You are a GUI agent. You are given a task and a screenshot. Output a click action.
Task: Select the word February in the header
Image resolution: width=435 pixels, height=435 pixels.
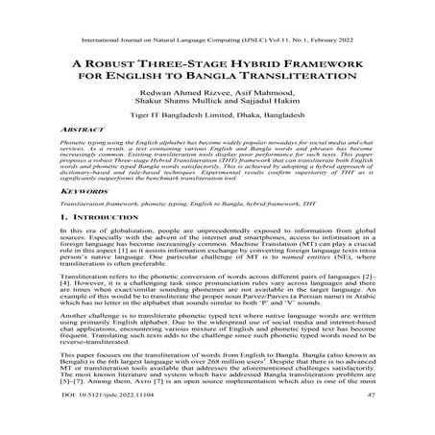tap(357, 13)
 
